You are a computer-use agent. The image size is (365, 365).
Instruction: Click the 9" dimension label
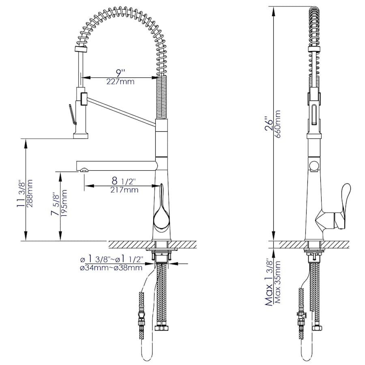point(120,73)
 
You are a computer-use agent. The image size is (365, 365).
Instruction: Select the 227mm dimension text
point(120,82)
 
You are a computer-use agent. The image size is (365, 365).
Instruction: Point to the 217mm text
point(124,190)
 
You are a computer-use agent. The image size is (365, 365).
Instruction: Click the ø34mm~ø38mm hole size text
point(111,268)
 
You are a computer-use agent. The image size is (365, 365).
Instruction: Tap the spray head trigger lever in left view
point(72,114)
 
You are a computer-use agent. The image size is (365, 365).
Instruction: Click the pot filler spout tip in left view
point(84,170)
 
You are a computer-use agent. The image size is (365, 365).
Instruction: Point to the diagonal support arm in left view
point(122,109)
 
